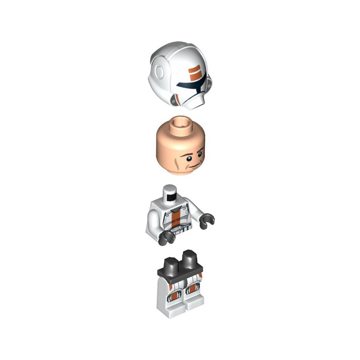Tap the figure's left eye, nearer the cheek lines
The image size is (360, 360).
186,153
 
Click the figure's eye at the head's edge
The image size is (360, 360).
201,150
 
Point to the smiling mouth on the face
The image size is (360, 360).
194,165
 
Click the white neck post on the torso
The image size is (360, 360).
169,194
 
